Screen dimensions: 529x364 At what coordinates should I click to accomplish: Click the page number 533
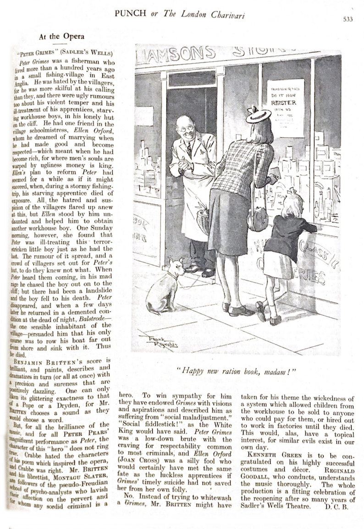[347, 19]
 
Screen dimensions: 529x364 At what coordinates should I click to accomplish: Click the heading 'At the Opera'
[61, 36]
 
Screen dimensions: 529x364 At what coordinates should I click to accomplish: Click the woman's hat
[258, 115]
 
